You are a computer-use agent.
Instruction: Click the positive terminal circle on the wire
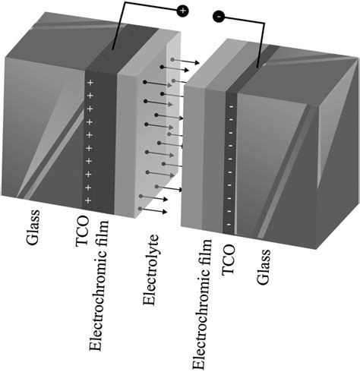[x=182, y=11]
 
